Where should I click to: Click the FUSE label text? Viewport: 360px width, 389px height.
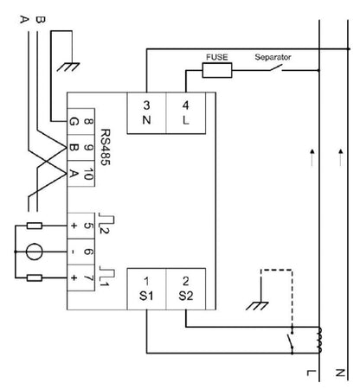click(215, 58)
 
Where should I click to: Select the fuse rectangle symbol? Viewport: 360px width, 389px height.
click(215, 71)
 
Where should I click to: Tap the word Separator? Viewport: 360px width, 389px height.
click(273, 58)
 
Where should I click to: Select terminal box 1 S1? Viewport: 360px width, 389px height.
click(147, 289)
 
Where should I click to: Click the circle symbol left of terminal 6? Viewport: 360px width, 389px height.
click(32, 253)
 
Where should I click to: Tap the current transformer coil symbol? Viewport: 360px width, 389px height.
click(319, 340)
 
